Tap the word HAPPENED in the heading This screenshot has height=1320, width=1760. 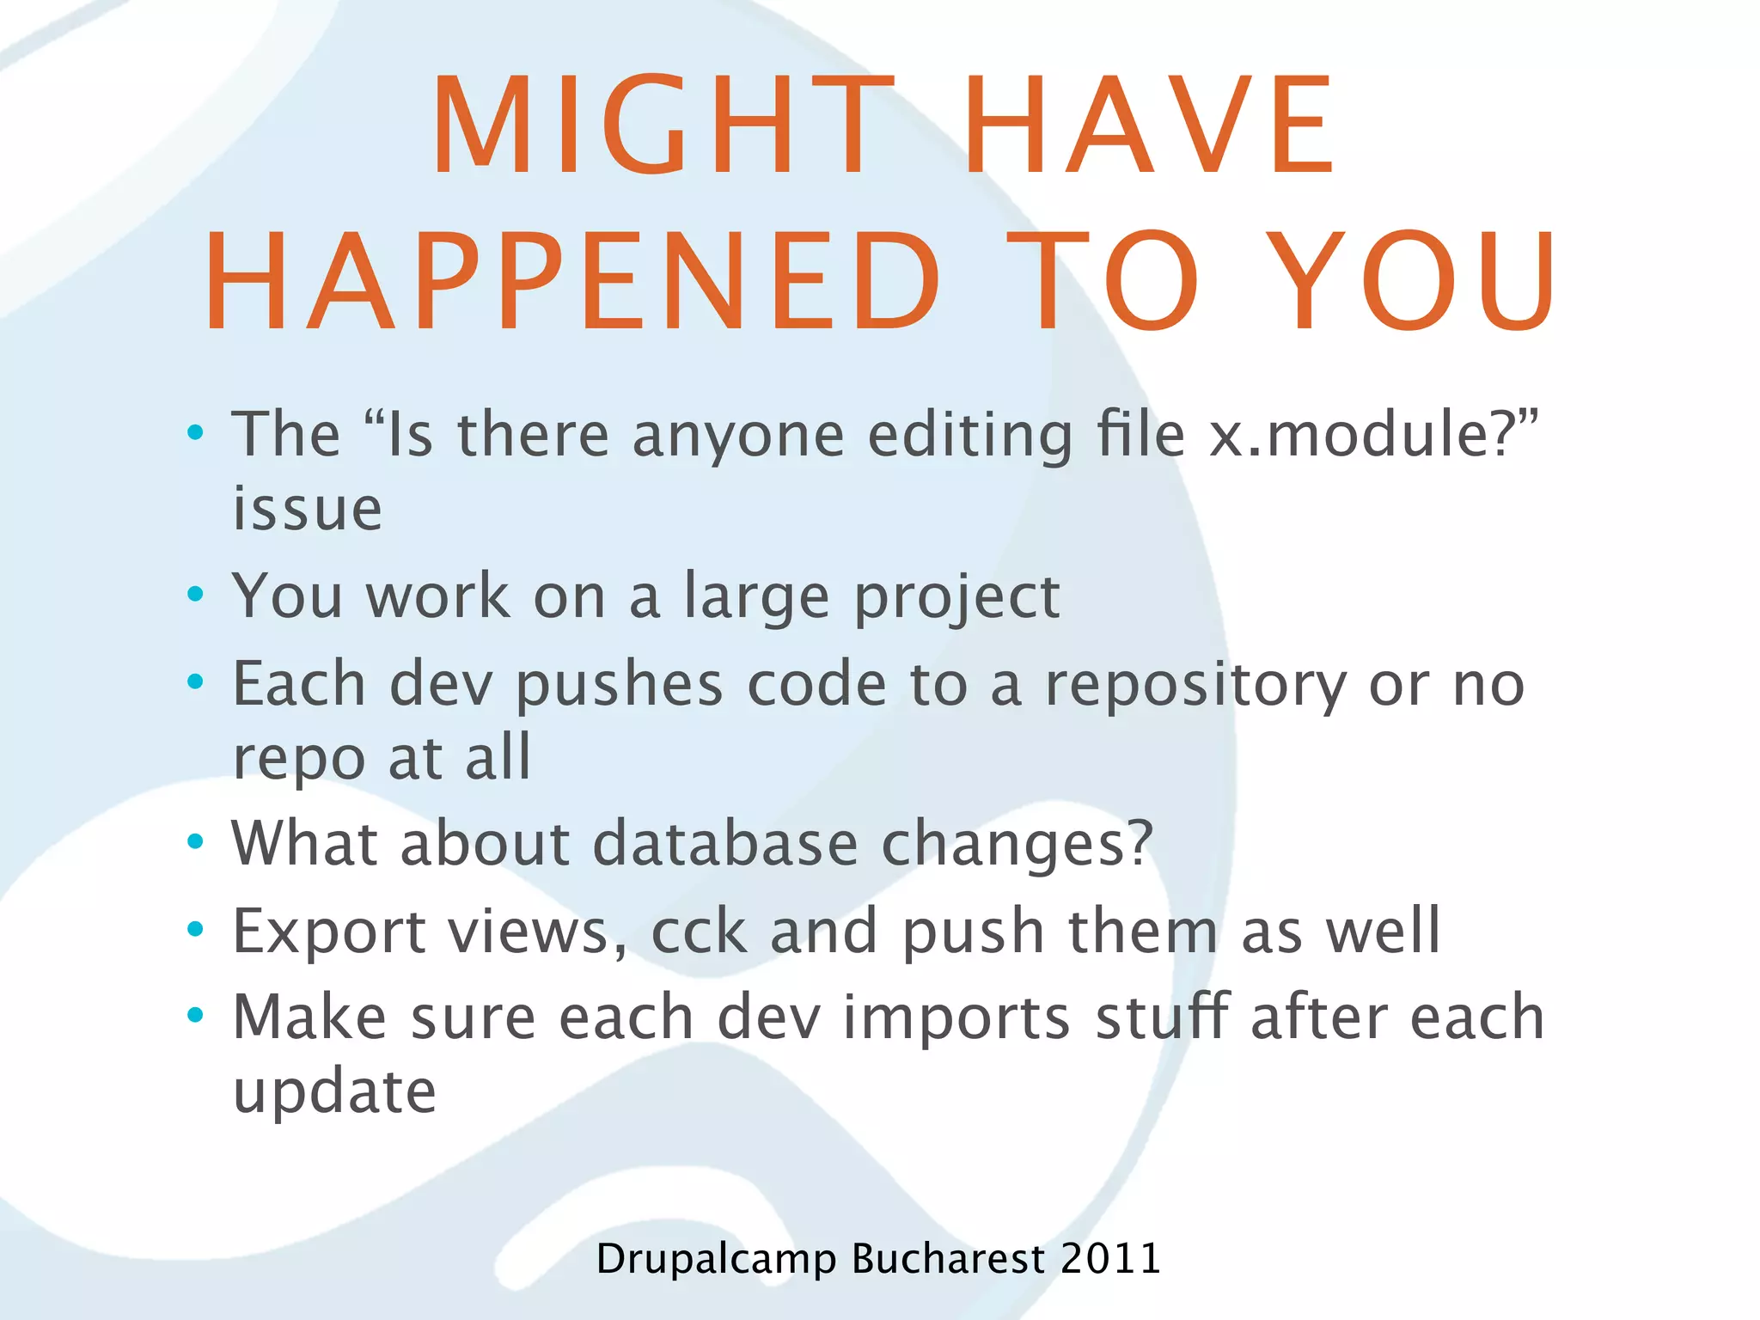[572, 282]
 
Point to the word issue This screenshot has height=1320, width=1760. [307, 509]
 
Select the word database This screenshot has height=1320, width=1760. [725, 843]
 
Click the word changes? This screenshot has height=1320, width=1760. [1017, 843]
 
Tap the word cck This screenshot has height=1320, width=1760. [699, 931]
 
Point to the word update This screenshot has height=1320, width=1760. [334, 1092]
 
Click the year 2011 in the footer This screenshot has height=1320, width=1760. [1110, 1258]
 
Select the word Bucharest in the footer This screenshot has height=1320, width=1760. [948, 1258]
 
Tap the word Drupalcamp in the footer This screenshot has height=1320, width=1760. [715, 1260]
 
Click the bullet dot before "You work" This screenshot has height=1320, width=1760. [196, 593]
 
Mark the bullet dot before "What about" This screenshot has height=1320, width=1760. [196, 840]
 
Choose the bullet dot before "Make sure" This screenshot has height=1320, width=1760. [196, 1015]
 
